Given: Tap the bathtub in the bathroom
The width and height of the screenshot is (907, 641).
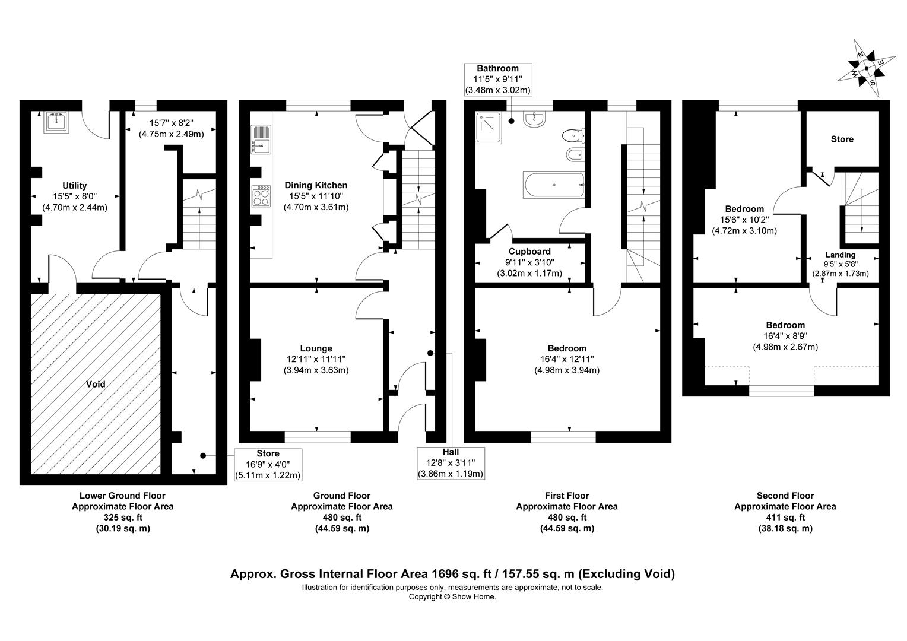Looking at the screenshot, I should point(553,185).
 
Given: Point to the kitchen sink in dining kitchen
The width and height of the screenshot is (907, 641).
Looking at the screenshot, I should point(261,138).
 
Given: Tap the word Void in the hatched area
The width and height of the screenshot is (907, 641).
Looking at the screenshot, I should point(96,384).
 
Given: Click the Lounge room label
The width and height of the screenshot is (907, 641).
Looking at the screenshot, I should point(316,348).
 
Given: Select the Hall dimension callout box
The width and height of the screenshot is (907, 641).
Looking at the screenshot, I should point(451,463).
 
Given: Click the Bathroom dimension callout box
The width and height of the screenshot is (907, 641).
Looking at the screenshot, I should point(497,80).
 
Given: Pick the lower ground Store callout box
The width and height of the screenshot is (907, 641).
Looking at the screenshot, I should point(268,464).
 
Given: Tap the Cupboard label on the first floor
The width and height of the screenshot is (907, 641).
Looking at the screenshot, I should point(529,252).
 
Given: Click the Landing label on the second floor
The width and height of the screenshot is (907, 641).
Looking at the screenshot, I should point(840,255).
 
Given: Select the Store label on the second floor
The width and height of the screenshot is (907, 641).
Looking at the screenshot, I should point(842,139).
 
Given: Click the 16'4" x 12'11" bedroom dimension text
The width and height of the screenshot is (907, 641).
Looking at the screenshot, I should point(567,359).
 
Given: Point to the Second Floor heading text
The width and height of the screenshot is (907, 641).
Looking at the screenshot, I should point(785,495).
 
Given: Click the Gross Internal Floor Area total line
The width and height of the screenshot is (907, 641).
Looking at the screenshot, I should point(452,574).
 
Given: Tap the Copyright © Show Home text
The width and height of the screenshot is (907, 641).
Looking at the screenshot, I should point(452,596).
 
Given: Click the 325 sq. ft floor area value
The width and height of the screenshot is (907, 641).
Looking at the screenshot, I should point(122,517).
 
